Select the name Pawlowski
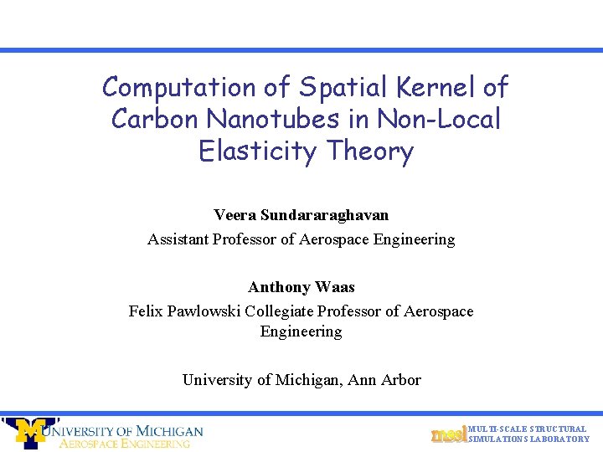click(x=207, y=311)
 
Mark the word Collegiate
click(x=288, y=311)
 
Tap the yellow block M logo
click(x=31, y=432)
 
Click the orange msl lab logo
click(x=448, y=434)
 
